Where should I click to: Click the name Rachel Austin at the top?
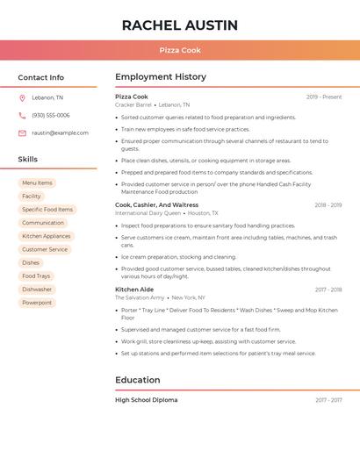180,25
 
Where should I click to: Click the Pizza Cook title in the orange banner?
180,50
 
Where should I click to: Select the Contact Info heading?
41,77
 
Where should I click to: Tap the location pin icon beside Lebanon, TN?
22,97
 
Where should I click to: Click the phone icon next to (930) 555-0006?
22,115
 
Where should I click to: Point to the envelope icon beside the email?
22,133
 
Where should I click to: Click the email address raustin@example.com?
60,133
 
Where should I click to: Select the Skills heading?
28,159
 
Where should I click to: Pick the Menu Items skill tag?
37,182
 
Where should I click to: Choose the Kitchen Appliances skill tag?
47,236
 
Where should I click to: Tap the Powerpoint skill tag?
37,303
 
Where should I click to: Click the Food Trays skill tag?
36,276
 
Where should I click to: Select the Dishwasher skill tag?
37,290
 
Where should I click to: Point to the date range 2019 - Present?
324,97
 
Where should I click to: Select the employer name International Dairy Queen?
148,213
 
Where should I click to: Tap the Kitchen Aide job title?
134,289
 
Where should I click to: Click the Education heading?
138,380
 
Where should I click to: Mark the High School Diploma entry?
146,400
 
